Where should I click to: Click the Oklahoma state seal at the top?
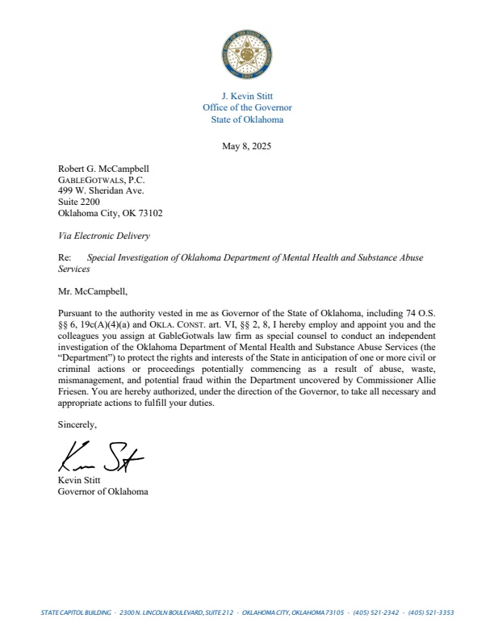(246, 55)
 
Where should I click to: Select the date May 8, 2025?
(246, 146)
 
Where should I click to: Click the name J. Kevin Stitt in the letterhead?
(246, 96)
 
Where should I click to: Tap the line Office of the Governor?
(246, 107)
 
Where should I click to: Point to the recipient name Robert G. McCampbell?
(104, 169)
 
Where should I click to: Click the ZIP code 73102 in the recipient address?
(149, 214)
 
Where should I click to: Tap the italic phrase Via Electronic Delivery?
(104, 236)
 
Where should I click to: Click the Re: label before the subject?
(65, 257)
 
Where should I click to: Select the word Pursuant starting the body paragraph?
(76, 311)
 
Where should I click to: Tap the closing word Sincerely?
(77, 424)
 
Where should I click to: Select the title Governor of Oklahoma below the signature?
(103, 491)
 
